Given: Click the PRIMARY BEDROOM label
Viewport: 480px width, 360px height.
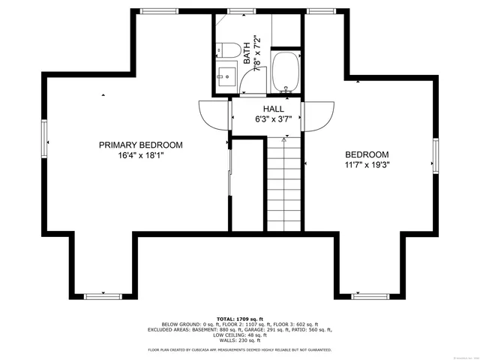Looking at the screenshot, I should point(140,145).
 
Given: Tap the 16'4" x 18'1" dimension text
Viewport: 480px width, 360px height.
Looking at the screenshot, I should point(140,156).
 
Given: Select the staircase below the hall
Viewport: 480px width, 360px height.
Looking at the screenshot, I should point(284,184).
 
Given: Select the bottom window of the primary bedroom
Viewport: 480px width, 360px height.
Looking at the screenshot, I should point(103,296).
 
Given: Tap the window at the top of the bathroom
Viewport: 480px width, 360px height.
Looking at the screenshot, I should point(239,11).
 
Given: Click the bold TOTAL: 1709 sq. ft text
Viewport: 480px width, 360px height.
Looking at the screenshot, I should point(240,318).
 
